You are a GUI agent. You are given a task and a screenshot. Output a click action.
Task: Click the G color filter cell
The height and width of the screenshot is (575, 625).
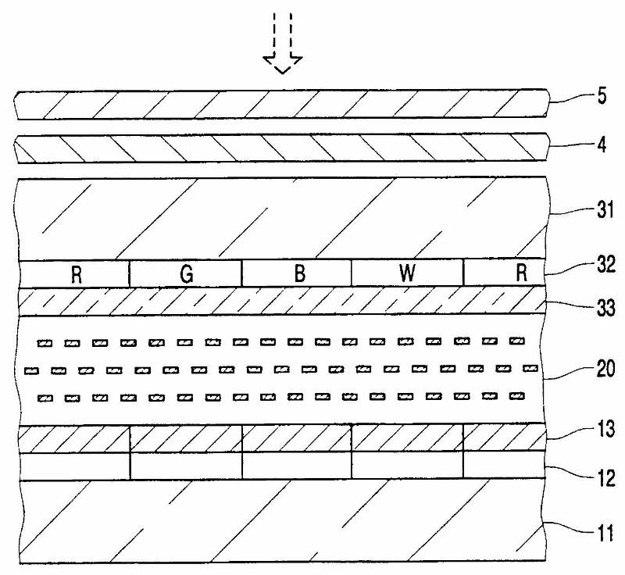click(185, 273)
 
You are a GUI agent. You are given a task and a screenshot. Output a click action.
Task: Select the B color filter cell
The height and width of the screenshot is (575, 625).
click(297, 273)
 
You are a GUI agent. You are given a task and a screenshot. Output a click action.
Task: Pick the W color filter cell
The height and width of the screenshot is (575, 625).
click(407, 273)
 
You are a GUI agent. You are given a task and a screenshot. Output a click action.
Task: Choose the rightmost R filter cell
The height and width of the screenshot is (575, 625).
click(504, 273)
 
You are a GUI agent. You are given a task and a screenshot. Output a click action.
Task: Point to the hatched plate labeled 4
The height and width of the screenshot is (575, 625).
click(281, 147)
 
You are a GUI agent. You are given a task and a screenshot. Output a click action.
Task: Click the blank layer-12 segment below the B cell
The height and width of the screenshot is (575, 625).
click(297, 466)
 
